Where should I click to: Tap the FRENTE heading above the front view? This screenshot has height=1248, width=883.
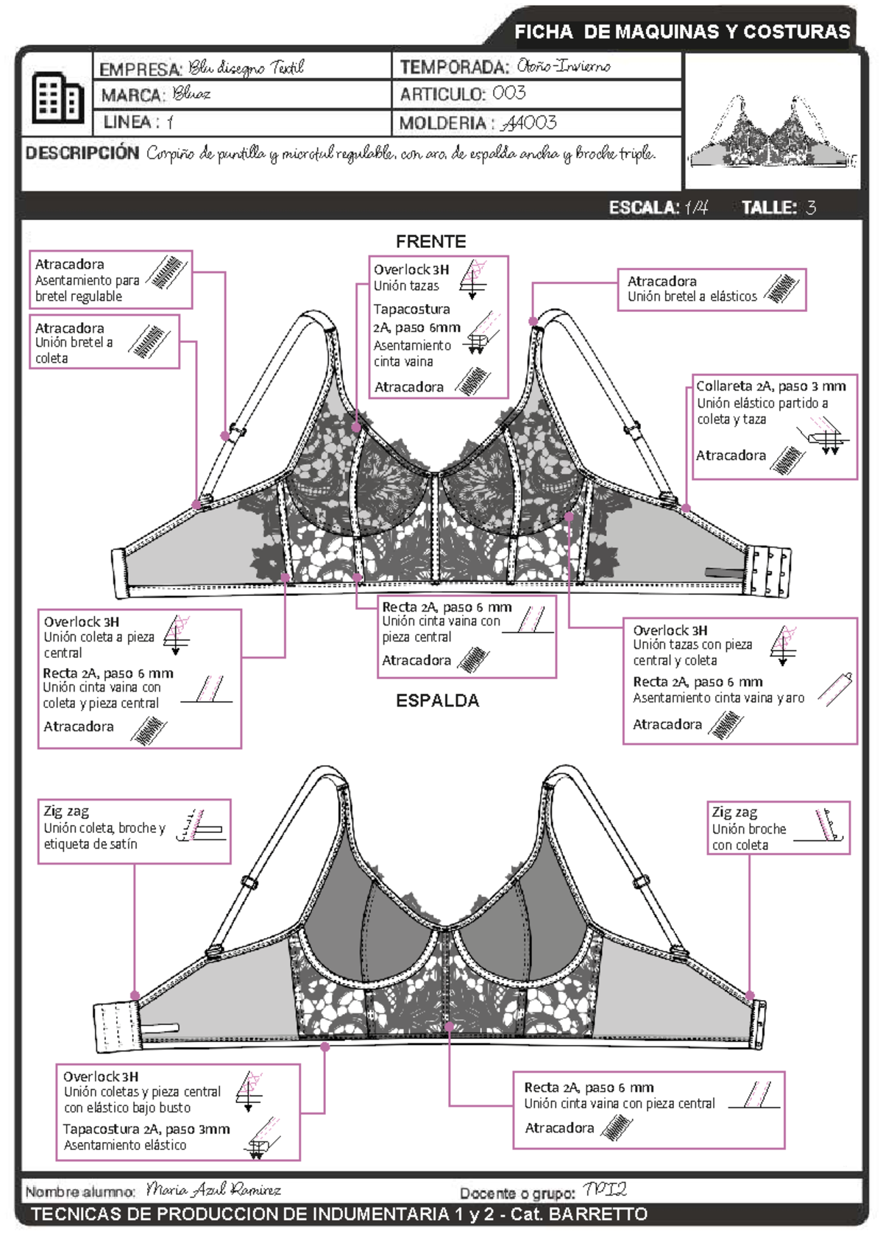430,241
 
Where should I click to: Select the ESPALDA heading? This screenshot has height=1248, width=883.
437,701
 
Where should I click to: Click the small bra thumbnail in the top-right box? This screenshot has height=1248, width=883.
772,132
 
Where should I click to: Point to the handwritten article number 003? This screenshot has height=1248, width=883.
509,93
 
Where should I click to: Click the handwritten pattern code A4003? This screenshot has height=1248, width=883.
529,123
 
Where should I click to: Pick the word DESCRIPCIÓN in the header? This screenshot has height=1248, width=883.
82,153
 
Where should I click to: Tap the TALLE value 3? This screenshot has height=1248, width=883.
811,208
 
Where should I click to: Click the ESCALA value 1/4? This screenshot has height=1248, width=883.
696,208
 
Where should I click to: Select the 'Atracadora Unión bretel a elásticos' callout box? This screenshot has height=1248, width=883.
711,289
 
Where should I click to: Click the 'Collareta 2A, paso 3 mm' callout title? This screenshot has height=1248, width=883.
770,386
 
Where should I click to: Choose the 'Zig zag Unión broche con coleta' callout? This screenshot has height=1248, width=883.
778,828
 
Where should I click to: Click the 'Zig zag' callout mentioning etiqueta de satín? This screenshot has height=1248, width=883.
134,831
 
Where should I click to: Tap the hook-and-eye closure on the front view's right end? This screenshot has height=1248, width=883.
768,570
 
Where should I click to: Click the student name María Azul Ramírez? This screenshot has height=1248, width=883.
213,1190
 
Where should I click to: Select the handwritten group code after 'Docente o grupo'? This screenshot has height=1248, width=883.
604,1190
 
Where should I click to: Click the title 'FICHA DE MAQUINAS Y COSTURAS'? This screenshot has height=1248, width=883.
681,32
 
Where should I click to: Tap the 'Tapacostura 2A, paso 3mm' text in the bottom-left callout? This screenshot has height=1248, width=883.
146,1129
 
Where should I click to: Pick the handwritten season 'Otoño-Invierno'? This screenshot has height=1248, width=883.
563,66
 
